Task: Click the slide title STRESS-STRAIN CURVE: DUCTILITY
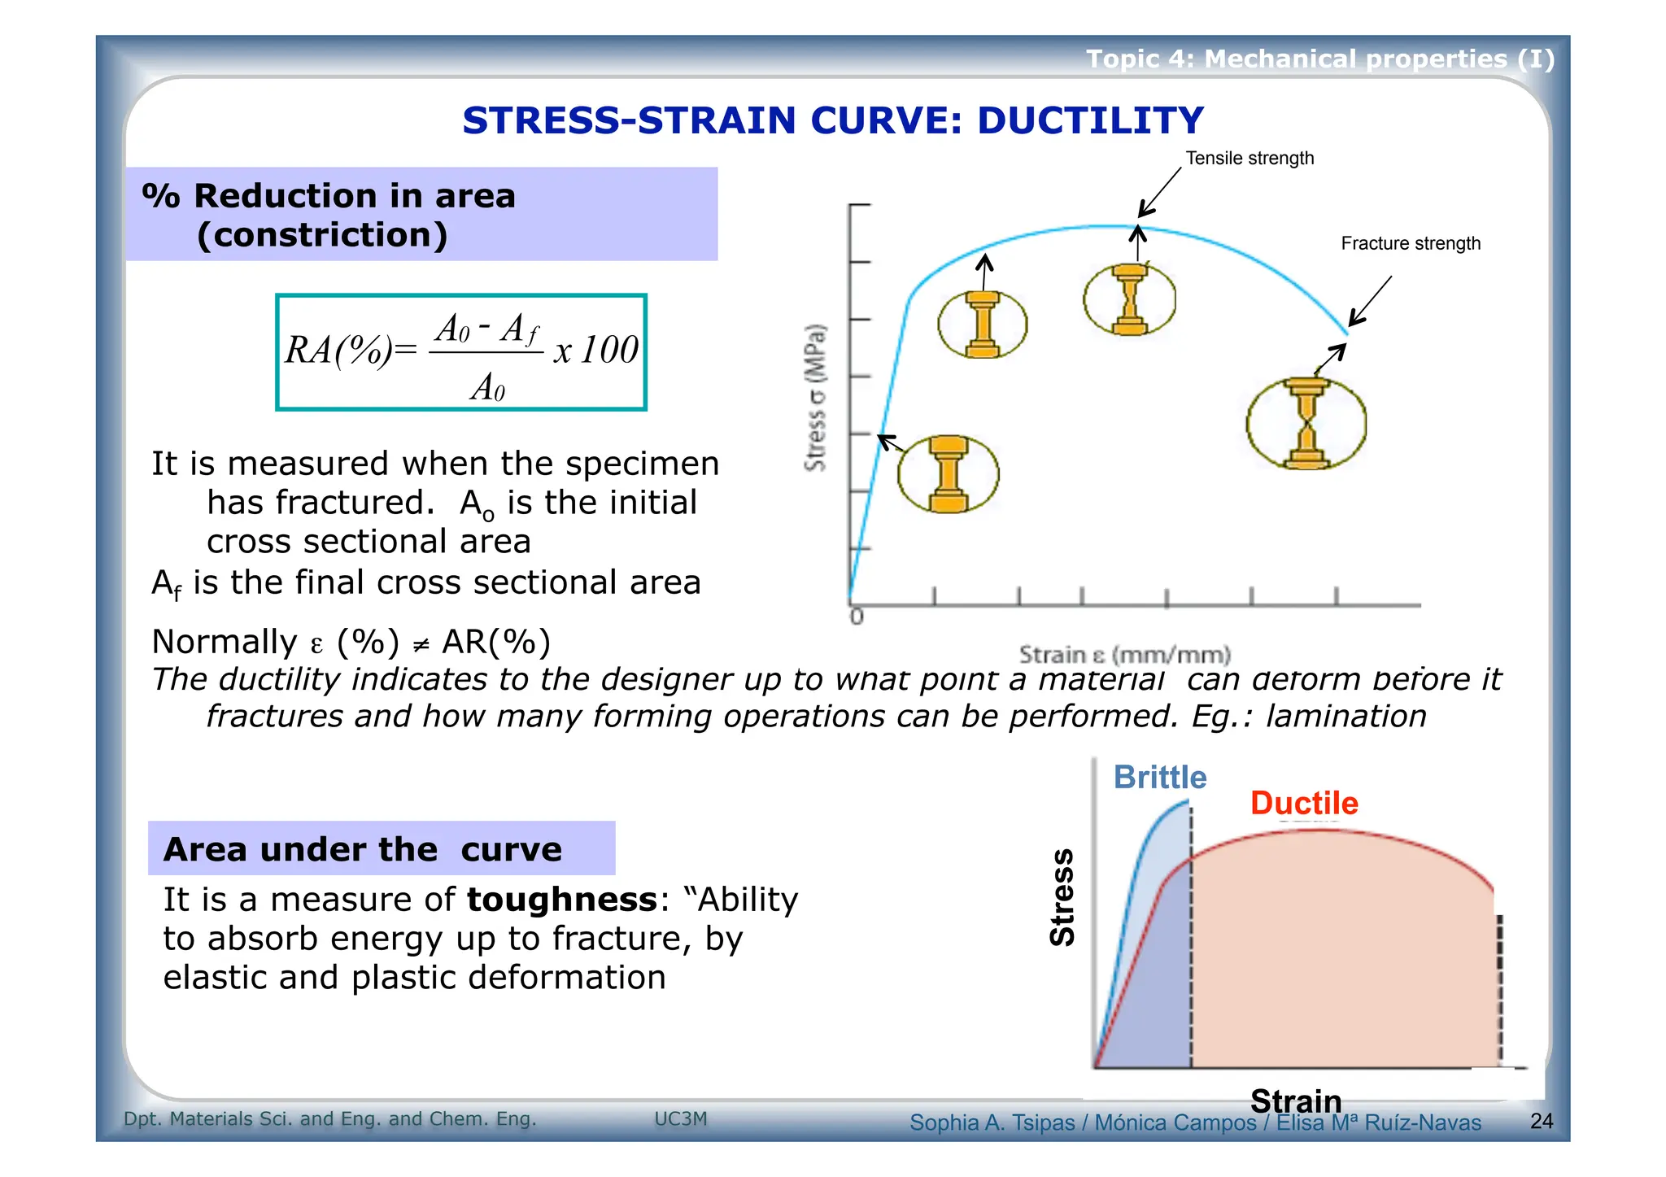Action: pyautogui.click(x=832, y=120)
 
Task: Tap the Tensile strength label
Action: pyautogui.click(x=1249, y=158)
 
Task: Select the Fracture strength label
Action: pyautogui.click(x=1410, y=243)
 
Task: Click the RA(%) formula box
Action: pyautogui.click(x=460, y=352)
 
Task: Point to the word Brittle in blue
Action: pyautogui.click(x=1159, y=778)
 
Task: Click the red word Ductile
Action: pyautogui.click(x=1303, y=803)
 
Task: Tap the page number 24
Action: pyautogui.click(x=1541, y=1121)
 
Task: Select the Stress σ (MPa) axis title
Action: pyautogui.click(x=815, y=398)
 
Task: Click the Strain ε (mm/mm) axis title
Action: pyautogui.click(x=1124, y=655)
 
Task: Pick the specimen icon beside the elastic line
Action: pyautogui.click(x=948, y=474)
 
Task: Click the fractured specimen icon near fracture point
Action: pyautogui.click(x=1306, y=424)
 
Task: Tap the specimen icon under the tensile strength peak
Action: pyautogui.click(x=1129, y=299)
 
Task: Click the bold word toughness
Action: pyautogui.click(x=561, y=900)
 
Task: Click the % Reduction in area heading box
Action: pyautogui.click(x=421, y=215)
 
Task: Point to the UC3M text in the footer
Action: pyautogui.click(x=681, y=1119)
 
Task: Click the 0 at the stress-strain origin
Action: pyautogui.click(x=856, y=617)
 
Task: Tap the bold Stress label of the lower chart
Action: pyautogui.click(x=1062, y=897)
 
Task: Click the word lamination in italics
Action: pyautogui.click(x=1345, y=717)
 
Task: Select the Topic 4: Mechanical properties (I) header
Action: pyautogui.click(x=1319, y=59)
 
